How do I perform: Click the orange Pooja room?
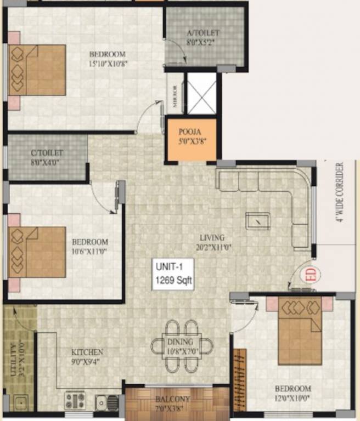(x=192, y=140)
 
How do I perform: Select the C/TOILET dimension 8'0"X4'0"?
(x=48, y=162)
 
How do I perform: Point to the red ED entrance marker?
(x=311, y=272)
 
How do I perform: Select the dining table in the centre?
(x=182, y=345)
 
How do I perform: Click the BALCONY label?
(x=173, y=399)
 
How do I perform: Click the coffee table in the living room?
(x=257, y=220)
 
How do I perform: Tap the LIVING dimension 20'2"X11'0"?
(x=212, y=247)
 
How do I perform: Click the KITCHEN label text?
(x=87, y=352)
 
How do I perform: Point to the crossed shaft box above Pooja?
(x=201, y=94)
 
